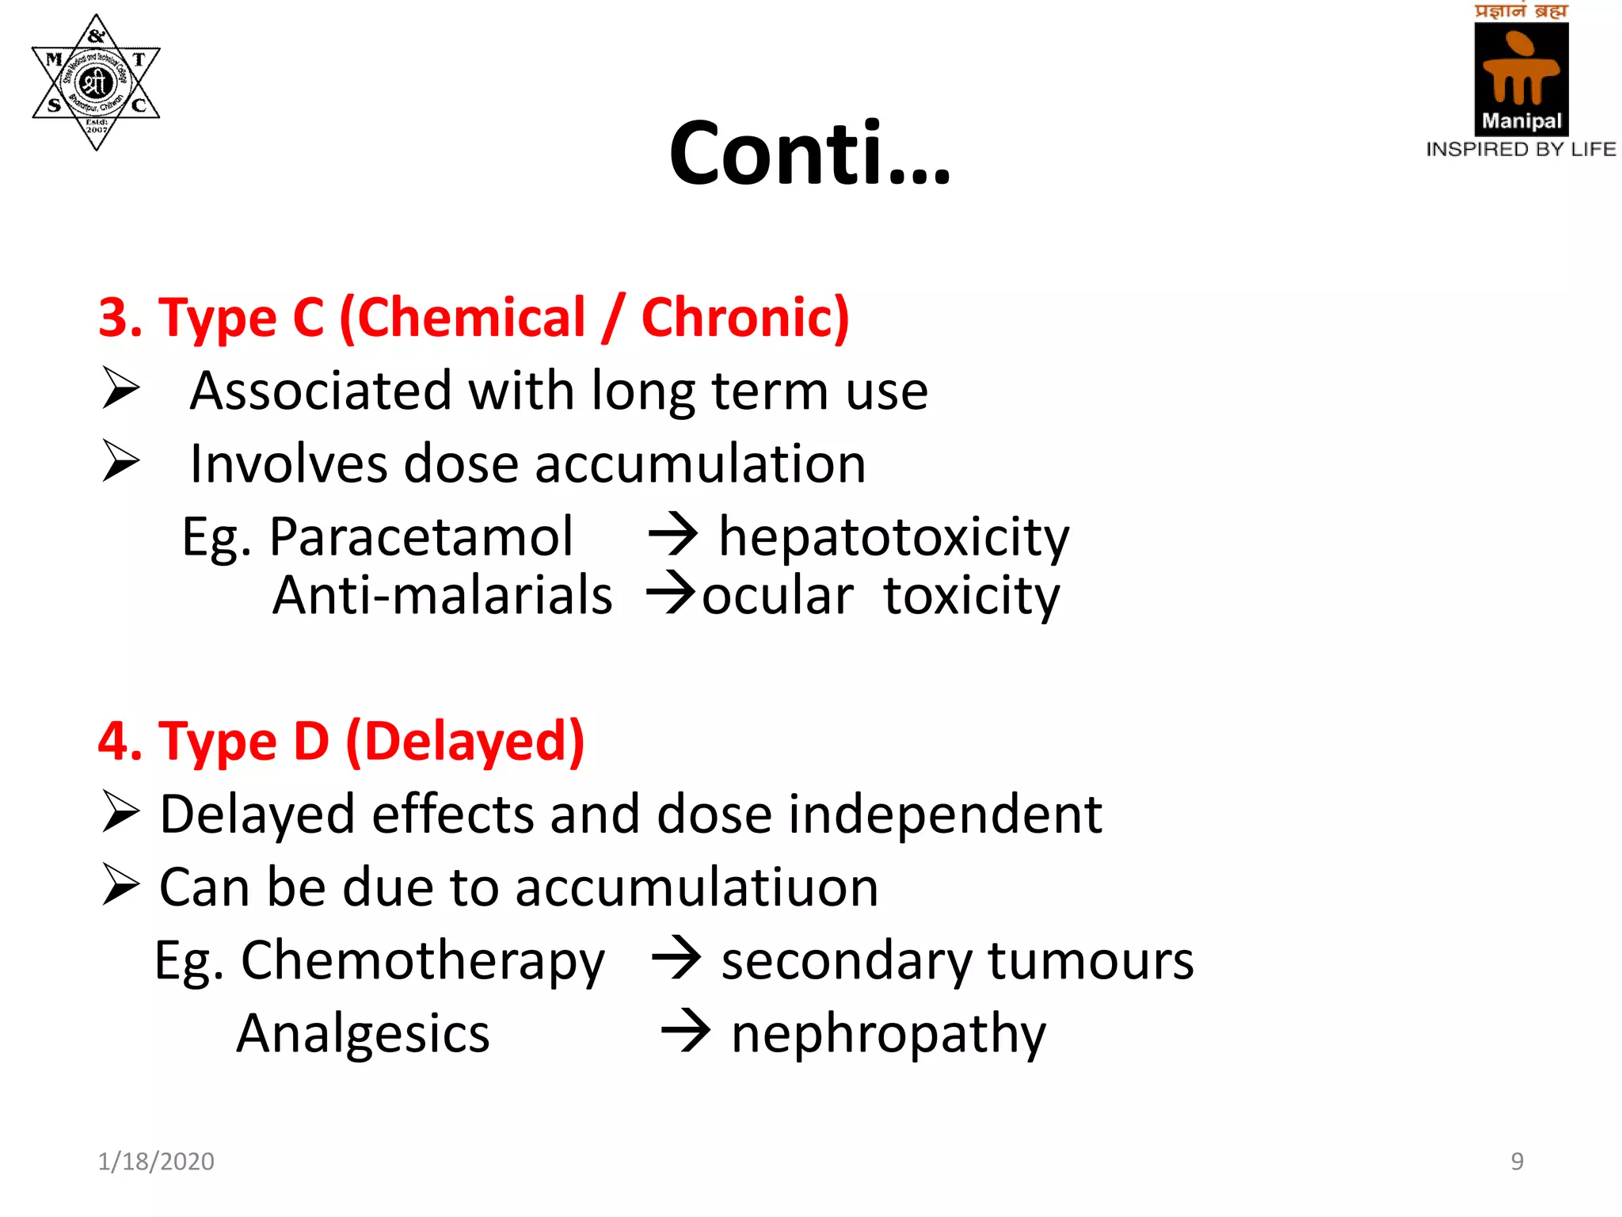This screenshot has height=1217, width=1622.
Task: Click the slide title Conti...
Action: pos(809,153)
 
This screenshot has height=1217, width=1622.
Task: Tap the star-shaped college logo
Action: pos(96,82)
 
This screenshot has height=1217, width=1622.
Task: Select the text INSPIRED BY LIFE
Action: pos(1521,150)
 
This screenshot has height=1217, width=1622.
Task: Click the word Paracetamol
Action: pos(421,537)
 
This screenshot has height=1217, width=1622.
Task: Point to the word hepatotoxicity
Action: pos(893,537)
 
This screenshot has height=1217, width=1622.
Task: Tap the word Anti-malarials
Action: pos(442,595)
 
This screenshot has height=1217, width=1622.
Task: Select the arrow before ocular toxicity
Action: pos(671,593)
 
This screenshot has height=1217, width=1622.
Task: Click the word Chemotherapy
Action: pos(423,961)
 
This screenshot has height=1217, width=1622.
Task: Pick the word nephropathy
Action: pos(888,1034)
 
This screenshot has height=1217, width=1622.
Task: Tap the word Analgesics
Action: pos(364,1034)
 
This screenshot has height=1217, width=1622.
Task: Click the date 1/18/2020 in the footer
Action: pos(156,1162)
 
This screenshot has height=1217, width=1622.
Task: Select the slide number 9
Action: pos(1517,1162)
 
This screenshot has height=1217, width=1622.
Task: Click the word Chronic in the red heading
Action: pos(744,318)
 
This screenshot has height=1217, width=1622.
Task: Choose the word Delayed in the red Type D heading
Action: pos(466,742)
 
